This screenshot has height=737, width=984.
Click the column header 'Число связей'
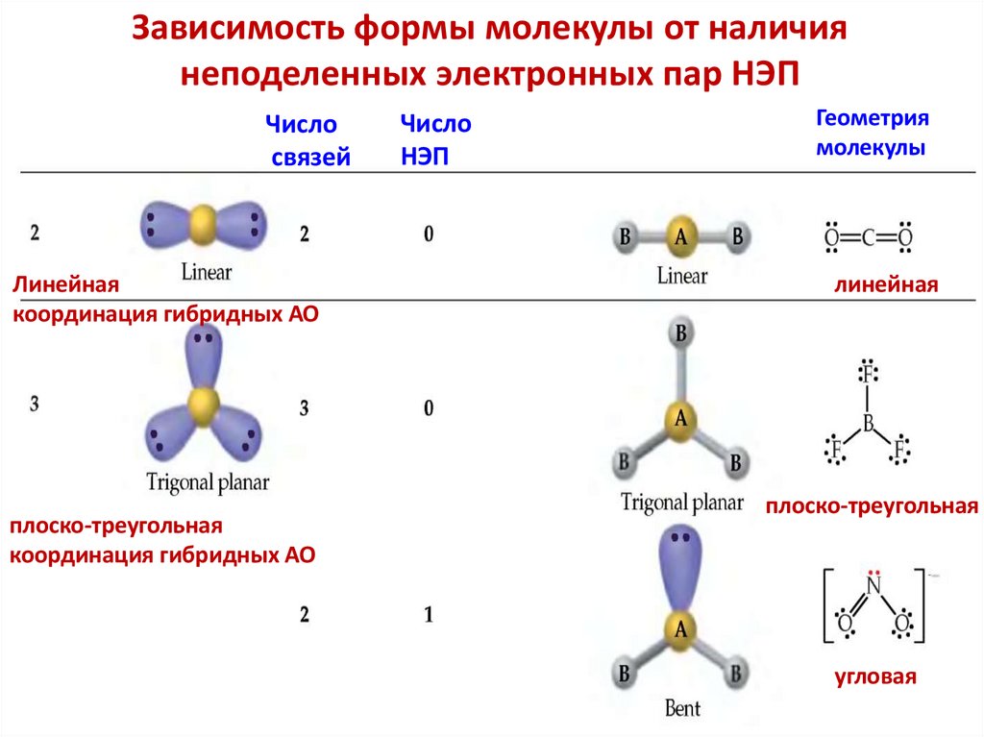point(305,140)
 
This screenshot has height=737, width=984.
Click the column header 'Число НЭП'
point(434,140)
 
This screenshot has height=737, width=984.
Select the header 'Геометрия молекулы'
point(872,134)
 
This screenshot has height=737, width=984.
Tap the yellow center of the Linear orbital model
point(204,226)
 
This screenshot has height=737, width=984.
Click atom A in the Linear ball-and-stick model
point(680,238)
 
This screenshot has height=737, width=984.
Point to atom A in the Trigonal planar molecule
point(681,418)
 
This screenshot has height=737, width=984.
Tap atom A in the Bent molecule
point(681,629)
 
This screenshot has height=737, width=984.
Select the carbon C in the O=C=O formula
point(867,236)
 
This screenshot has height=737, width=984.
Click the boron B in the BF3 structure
point(867,422)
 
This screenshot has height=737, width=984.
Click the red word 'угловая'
point(875,676)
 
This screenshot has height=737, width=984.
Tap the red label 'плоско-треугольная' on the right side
point(872,505)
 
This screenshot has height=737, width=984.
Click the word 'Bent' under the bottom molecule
point(682,709)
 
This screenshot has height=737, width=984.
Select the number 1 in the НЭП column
point(429,615)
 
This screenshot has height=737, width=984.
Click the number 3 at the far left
point(34,404)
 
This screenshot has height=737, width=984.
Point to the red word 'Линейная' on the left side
point(64,285)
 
